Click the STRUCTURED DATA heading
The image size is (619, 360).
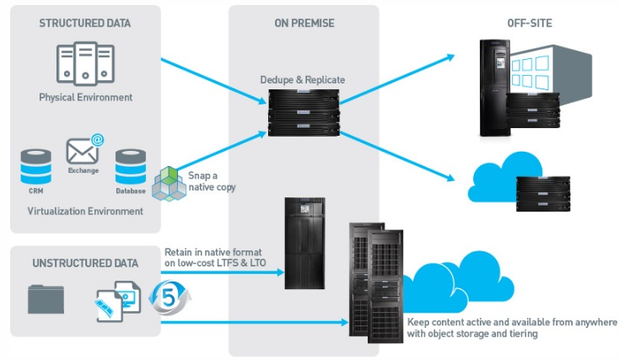tap(85, 24)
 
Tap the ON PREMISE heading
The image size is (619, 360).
tap(304, 24)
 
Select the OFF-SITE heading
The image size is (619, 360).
tap(530, 24)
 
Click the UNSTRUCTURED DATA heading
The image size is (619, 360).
tap(85, 263)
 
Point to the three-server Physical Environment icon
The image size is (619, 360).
tap(85, 63)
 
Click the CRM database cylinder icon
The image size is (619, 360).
tap(36, 166)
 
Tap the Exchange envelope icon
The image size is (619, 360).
tap(85, 149)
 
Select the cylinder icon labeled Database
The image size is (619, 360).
tap(131, 166)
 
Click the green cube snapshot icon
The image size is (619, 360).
tap(169, 184)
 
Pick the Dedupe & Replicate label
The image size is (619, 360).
tap(303, 80)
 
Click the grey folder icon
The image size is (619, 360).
tap(46, 299)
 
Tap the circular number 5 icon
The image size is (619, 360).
tap(170, 298)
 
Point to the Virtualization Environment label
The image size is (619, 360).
tap(85, 211)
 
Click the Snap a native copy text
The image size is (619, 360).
tap(212, 181)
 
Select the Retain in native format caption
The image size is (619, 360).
tap(215, 257)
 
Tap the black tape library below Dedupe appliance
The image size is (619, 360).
tap(304, 243)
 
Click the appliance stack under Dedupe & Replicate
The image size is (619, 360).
tap(304, 113)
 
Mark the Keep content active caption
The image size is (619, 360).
tap(512, 328)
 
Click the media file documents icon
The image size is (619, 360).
tap(118, 301)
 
